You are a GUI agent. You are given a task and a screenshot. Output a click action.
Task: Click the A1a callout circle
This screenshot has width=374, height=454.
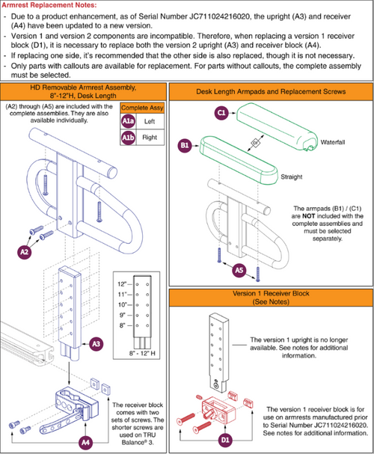click(128, 121)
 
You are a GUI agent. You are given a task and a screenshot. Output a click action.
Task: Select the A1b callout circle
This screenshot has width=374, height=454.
click(128, 137)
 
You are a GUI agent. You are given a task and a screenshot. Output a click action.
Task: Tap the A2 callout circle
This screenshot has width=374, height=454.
click(25, 251)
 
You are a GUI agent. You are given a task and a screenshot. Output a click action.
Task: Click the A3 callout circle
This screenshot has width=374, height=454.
click(96, 344)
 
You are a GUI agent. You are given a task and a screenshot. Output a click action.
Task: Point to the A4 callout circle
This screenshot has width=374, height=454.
click(85, 442)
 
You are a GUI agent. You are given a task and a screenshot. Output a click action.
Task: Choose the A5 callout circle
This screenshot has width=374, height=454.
click(239, 270)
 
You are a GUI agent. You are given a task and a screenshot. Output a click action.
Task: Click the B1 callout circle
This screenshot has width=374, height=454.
click(185, 145)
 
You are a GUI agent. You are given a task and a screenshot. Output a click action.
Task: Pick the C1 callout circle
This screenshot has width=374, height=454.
click(221, 113)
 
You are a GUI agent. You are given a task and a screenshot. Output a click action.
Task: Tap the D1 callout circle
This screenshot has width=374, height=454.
click(225, 440)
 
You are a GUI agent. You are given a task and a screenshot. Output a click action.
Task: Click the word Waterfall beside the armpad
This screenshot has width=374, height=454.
click(333, 142)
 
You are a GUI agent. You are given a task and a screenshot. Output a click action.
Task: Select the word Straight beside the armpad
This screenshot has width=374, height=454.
click(292, 177)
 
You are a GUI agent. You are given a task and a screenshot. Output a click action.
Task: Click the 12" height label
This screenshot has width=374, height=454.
click(122, 284)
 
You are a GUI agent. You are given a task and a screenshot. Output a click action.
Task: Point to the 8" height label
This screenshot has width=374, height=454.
click(123, 325)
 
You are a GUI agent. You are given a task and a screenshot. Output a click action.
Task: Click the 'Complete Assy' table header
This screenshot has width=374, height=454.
click(142, 108)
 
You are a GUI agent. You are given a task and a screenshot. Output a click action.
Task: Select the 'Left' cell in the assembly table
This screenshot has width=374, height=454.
click(150, 121)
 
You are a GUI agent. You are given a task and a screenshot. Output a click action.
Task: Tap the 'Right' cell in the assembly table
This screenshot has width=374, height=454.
click(150, 137)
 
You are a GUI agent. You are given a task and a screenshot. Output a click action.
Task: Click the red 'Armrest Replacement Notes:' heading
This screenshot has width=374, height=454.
click(49, 5)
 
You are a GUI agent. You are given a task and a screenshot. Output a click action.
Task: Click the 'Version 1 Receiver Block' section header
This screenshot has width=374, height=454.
click(271, 298)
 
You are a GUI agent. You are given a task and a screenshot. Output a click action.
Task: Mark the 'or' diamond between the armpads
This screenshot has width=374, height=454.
click(255, 143)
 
